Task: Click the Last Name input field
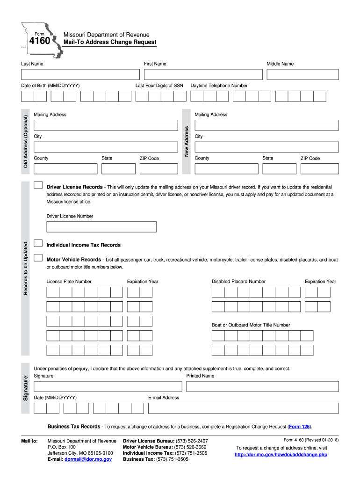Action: point(80,74)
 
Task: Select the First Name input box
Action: point(203,74)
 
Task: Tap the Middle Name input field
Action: point(302,74)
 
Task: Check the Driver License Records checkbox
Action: point(38,186)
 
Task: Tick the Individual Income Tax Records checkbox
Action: point(38,244)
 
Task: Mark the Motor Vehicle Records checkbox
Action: point(38,258)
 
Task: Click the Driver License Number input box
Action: point(101,227)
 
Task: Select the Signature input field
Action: point(108,386)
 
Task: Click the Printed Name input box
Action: point(262,386)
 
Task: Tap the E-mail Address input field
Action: point(243,408)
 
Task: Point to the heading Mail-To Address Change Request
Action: point(110,43)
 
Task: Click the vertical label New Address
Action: point(186,141)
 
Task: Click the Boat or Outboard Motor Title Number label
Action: point(251,325)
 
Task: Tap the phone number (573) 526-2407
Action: point(192,441)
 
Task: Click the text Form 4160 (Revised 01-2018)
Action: point(311,440)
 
